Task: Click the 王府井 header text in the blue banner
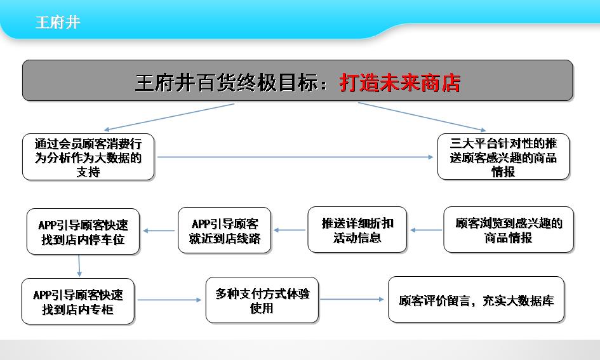(58, 22)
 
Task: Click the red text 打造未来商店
(399, 83)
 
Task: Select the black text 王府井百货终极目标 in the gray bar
(226, 83)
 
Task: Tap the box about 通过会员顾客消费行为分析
(88, 157)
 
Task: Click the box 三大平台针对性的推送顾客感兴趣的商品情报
(503, 156)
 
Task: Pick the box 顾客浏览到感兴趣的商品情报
(509, 230)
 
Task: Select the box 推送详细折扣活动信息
(357, 230)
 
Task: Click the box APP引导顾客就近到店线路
(225, 230)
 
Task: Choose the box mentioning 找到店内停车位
(83, 232)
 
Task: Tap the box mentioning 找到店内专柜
(78, 302)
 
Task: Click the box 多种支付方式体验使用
(262, 300)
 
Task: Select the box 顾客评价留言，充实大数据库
(476, 300)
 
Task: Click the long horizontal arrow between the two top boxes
(295, 157)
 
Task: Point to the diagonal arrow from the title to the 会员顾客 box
(169, 117)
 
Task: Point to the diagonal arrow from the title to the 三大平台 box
(422, 117)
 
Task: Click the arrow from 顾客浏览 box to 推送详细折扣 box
(426, 230)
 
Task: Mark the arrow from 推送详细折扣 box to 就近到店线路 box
(290, 230)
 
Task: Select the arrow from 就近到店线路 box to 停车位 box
(159, 230)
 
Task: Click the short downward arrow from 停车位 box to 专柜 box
(79, 266)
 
